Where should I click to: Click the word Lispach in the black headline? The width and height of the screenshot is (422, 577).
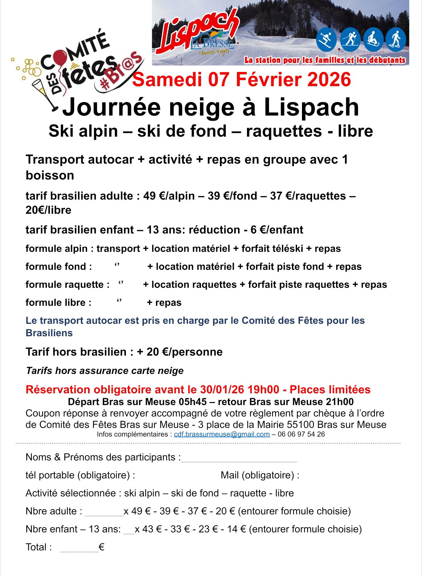tap(311, 107)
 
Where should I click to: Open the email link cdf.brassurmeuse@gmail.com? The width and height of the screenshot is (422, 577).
tap(222, 434)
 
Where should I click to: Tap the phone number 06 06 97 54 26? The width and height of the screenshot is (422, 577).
tap(301, 434)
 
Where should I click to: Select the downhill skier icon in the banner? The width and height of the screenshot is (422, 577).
tap(326, 39)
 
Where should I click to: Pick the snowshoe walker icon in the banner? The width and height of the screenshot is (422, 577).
tap(395, 39)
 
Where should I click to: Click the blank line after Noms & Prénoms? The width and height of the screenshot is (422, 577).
tap(239, 459)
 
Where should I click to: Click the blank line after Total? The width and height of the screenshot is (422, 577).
tap(80, 549)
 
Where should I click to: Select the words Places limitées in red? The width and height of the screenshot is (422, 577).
tap(330, 390)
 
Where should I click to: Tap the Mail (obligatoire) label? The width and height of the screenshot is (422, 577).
tap(260, 475)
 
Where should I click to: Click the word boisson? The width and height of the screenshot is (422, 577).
tap(50, 175)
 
